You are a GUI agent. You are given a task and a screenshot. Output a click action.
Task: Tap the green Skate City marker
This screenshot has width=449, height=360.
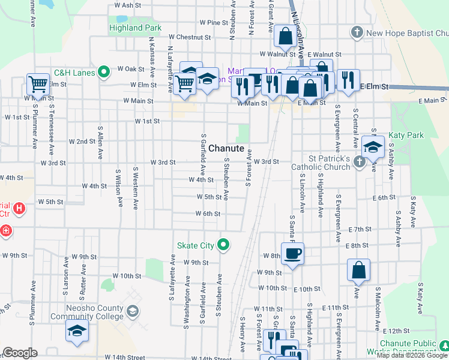coord(224,245)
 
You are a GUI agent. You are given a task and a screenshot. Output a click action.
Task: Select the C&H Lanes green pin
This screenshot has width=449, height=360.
coord(104,73)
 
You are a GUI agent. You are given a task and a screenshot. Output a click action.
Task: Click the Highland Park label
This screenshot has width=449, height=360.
coord(135,28)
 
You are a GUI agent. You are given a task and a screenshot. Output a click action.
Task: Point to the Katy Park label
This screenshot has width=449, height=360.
coord(406,136)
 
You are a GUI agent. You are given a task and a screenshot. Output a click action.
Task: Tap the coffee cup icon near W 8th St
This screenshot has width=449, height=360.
coord(292,253)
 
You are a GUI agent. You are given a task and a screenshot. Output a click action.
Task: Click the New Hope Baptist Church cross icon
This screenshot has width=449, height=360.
coord(357,32)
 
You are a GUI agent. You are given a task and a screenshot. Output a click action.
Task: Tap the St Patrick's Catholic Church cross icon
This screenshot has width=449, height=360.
coord(358,161)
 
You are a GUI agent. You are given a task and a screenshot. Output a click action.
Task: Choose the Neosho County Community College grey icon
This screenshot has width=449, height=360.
coord(132,311)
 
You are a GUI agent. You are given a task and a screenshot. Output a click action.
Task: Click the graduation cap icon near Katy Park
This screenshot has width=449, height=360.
coord(373,146)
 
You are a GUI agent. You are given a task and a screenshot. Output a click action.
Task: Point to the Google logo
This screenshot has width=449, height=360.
coord(20,353)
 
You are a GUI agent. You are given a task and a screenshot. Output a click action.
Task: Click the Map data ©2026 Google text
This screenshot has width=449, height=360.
coord(412,355)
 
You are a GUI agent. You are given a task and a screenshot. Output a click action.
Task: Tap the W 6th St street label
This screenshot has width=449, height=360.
coord(208,214)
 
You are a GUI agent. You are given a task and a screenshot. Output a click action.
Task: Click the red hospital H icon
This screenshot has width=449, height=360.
coord(20,209)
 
